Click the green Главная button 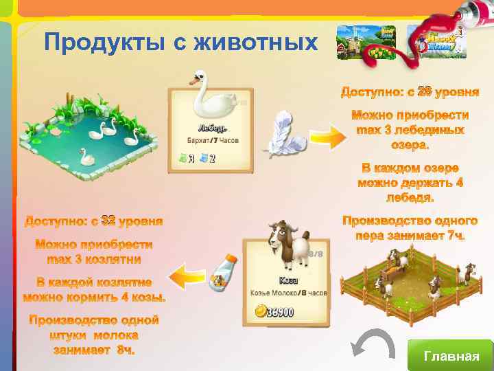tap(451, 355)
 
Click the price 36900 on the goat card tap(280, 313)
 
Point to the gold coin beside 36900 tap(260, 313)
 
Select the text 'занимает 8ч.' tap(93, 350)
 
